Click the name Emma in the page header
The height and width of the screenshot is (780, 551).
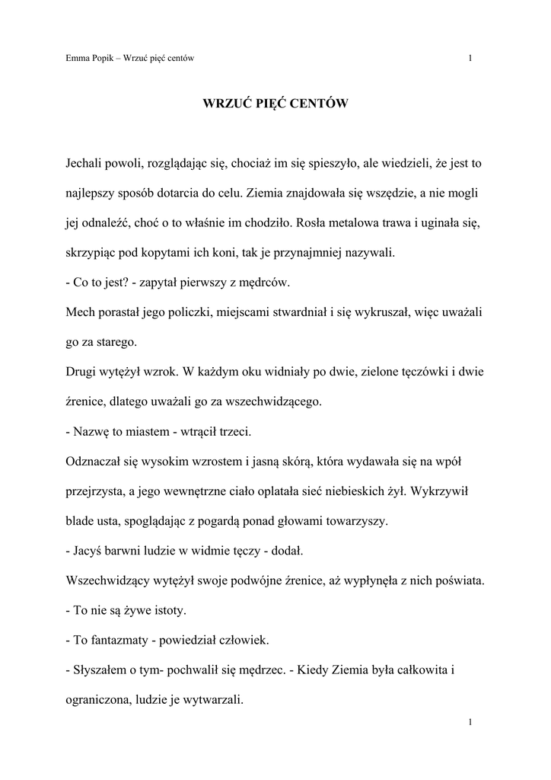[78, 59]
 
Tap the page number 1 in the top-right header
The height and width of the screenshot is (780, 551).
[472, 59]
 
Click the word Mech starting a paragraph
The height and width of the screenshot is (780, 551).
[81, 312]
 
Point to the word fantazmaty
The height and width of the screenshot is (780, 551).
[119, 641]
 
